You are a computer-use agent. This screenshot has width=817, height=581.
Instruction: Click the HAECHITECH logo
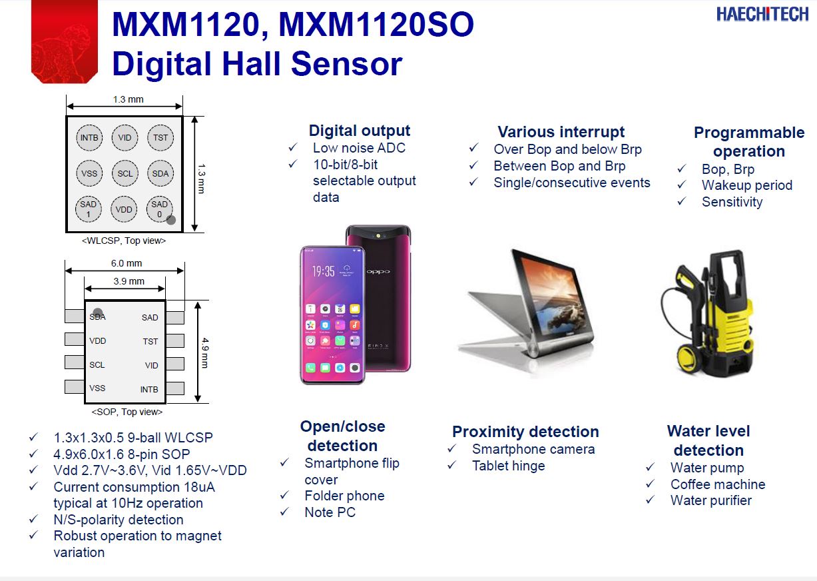762,14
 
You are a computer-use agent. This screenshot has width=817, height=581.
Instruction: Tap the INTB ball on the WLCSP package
89,137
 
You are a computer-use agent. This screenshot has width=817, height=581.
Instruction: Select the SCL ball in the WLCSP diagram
125,173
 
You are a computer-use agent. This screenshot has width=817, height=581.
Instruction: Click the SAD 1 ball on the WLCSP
89,209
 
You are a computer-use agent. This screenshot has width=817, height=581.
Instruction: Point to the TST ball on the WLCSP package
160,137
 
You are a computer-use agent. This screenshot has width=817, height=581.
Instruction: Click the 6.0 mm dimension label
127,263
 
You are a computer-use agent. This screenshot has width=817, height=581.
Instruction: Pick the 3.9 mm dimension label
129,281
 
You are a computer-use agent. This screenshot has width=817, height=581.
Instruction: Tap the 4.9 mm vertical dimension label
205,352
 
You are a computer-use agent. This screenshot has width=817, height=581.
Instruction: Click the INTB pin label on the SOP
149,389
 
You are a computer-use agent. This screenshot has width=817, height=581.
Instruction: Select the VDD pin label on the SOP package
98,341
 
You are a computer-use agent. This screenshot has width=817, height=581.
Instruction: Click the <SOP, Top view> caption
127,412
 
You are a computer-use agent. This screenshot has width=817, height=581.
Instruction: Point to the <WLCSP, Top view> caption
124,241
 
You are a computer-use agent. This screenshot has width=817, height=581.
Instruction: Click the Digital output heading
360,131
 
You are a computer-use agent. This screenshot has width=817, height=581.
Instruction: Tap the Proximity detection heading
525,432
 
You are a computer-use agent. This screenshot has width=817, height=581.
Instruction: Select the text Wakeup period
747,185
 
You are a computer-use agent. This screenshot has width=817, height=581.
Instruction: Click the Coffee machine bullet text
718,484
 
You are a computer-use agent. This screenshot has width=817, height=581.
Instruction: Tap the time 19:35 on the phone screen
323,271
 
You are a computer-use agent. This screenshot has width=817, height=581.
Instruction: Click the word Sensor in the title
346,63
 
